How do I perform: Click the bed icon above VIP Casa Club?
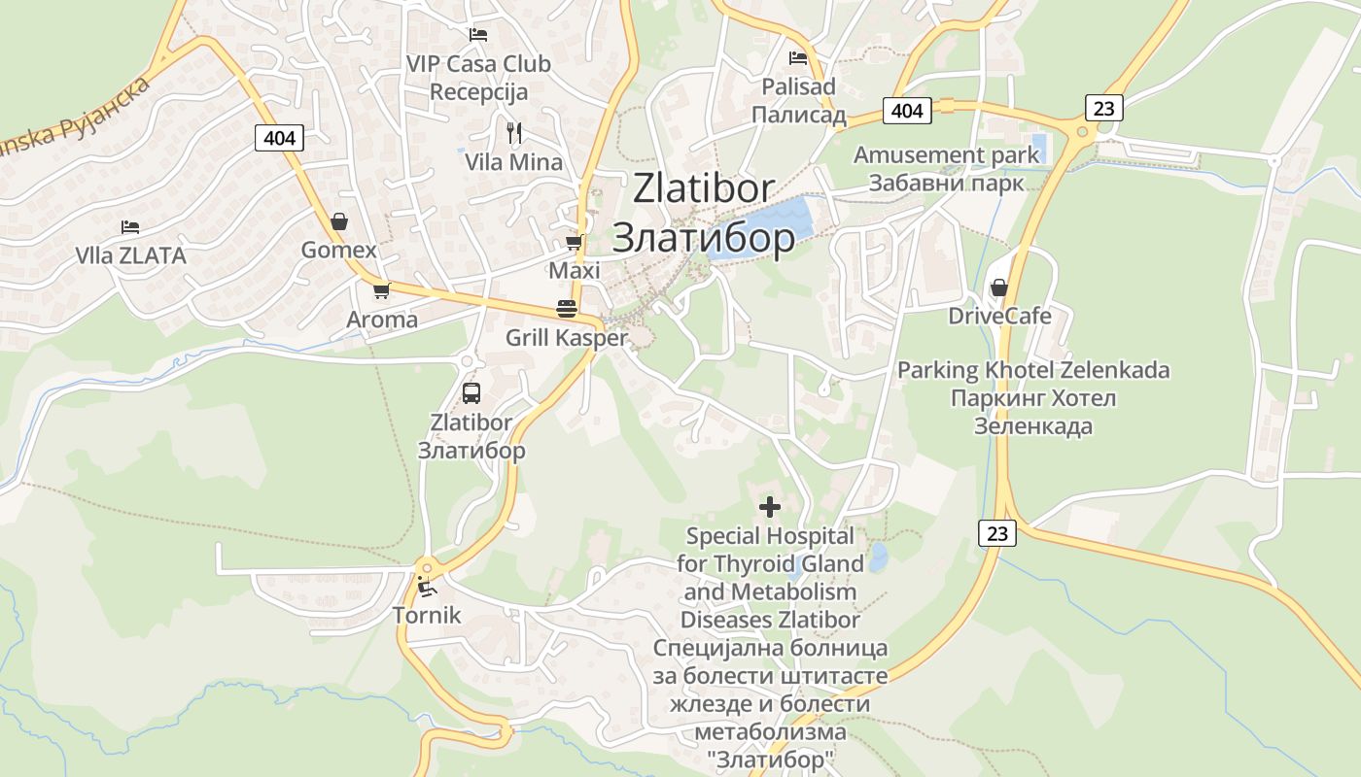tap(477, 35)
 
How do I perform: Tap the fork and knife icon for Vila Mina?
tap(514, 133)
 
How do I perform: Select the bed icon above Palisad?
tap(798, 58)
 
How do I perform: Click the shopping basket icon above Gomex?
tap(338, 221)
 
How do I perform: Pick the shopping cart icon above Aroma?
tap(381, 290)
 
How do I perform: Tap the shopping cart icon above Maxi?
tap(575, 242)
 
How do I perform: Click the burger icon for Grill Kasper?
tap(567, 309)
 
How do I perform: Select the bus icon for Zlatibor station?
tap(471, 393)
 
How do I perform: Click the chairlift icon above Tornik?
tap(426, 586)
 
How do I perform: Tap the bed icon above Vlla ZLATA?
tap(130, 227)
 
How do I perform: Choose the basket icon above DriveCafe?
tap(998, 287)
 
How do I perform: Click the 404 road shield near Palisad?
tap(907, 111)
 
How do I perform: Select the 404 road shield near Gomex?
tap(279, 138)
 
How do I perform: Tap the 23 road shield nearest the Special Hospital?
tap(997, 532)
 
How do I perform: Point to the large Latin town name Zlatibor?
tap(703, 188)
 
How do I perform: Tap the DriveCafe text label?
tap(999, 317)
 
